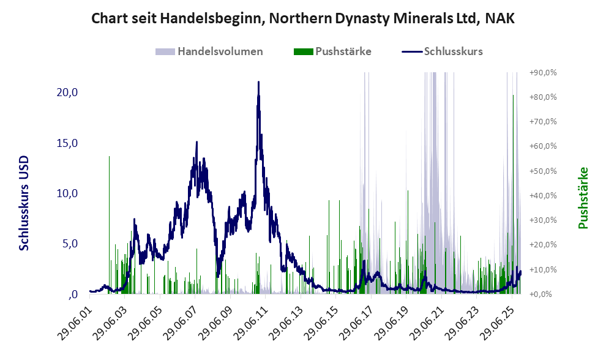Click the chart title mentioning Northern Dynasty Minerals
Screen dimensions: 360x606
(302, 18)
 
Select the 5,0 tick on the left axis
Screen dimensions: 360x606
(66, 244)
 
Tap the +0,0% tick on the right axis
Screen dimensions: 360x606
(544, 294)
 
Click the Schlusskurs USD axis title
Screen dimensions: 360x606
(24, 204)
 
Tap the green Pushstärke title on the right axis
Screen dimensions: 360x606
(583, 198)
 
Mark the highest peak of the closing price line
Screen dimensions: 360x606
(258, 82)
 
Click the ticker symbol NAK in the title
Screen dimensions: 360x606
(499, 18)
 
